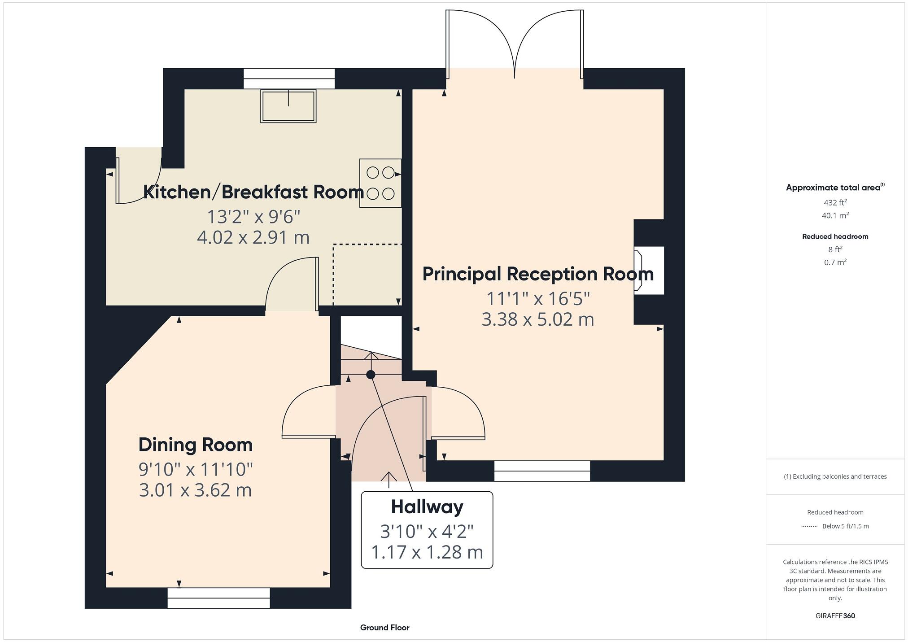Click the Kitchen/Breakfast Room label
point(253,192)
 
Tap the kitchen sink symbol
point(288,106)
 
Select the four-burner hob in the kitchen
point(380,183)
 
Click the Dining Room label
point(196,445)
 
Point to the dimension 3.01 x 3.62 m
point(195,490)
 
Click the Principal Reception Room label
point(538,274)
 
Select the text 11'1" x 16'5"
point(538,298)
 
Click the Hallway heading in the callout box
point(427,507)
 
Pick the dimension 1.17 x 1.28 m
point(427,552)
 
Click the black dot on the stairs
point(371,375)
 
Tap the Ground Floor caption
point(384,628)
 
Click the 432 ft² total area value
point(835,202)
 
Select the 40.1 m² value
point(835,215)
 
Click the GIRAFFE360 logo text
point(835,616)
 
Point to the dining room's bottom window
point(218,598)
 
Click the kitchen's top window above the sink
point(289,79)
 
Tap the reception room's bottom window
point(542,471)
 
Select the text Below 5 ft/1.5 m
point(845,526)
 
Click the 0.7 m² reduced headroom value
point(835,262)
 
